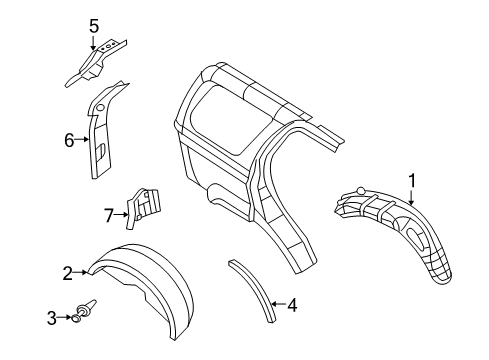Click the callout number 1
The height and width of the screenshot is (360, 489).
(x=409, y=179)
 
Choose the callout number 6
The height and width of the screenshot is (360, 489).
(x=70, y=141)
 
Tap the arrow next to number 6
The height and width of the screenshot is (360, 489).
(x=84, y=141)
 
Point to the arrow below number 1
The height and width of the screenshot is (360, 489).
(x=409, y=195)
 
